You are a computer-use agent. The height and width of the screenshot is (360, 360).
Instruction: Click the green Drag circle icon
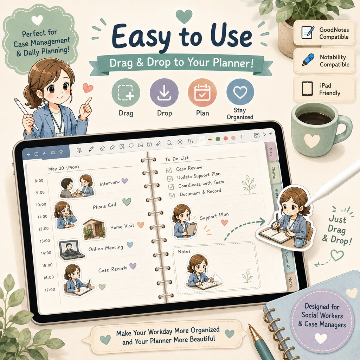(126, 92)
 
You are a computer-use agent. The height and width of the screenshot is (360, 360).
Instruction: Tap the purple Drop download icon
(164, 92)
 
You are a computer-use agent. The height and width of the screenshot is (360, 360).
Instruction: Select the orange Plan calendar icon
(202, 92)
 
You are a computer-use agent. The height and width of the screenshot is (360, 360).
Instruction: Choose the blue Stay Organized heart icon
(240, 92)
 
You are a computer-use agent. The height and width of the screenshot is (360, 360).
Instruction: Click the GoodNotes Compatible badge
(324, 33)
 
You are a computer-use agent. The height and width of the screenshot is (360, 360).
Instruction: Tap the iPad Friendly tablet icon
(307, 89)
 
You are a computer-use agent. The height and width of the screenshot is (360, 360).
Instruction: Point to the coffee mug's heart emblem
(312, 141)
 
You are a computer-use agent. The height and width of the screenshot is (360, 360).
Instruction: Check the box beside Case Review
(169, 170)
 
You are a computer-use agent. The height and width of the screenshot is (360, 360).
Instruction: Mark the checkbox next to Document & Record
(172, 195)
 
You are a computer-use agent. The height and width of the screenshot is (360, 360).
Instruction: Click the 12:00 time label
(44, 229)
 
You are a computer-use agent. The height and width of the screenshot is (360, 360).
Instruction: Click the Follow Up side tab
(287, 261)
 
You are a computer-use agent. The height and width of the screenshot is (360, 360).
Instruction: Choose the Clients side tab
(274, 173)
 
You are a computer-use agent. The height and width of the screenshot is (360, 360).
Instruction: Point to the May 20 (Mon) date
(64, 168)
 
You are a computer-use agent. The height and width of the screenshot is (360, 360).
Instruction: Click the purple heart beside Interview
(124, 181)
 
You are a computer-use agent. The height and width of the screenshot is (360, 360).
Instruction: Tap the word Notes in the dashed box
(184, 252)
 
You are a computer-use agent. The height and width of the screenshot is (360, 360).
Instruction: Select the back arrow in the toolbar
(28, 155)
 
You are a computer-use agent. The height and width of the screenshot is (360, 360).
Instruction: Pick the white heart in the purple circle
(321, 339)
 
